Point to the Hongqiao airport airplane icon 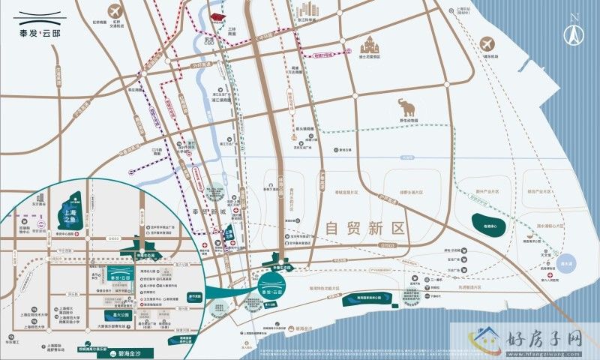point(114,12)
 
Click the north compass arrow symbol point(576,31)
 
